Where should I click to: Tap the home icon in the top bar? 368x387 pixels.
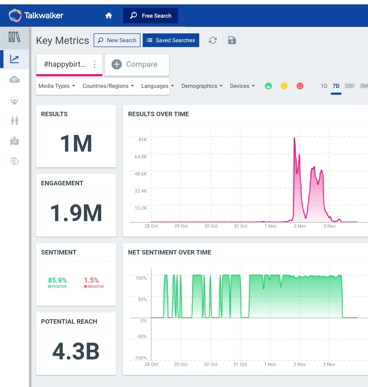(109, 16)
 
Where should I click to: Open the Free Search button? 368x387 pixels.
(150, 16)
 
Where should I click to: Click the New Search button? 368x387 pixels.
(117, 40)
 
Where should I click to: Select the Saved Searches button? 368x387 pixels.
(171, 40)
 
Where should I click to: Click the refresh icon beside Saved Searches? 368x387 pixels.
(213, 41)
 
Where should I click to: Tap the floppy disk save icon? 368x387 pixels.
(232, 41)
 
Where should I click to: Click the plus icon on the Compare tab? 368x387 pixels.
(117, 64)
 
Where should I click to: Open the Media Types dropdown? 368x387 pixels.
(57, 86)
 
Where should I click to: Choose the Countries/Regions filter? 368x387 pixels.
(108, 86)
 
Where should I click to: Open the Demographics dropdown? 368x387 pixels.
(202, 86)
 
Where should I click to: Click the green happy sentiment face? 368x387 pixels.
(268, 86)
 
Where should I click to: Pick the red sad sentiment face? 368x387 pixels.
(300, 86)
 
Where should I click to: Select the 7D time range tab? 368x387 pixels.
(336, 86)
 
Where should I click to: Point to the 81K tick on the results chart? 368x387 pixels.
(143, 140)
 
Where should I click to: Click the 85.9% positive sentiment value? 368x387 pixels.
(57, 280)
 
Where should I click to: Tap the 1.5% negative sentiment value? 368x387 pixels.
(91, 280)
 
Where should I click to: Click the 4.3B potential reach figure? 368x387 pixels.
(76, 351)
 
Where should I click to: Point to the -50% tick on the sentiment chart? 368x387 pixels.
(141, 337)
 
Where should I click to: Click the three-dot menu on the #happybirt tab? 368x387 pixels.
(94, 64)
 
